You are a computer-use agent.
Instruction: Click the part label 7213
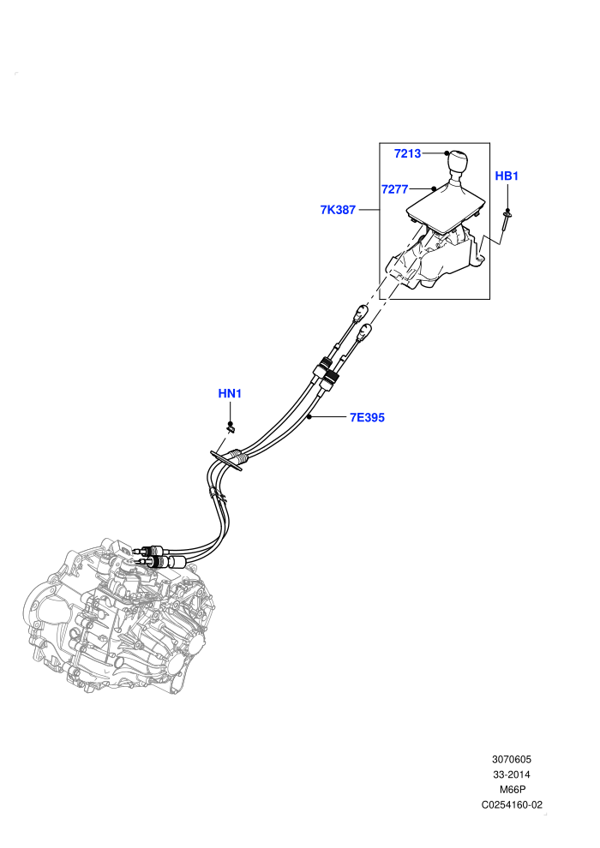click(407, 153)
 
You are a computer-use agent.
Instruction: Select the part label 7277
click(394, 189)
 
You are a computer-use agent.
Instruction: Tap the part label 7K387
click(338, 210)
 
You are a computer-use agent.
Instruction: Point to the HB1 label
click(507, 176)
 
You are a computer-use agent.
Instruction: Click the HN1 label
click(230, 394)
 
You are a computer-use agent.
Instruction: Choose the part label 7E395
click(367, 417)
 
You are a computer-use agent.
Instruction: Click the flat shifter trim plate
click(444, 211)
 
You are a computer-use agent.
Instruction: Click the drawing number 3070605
click(511, 759)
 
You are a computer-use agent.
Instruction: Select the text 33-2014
click(511, 774)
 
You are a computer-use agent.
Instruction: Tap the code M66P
click(512, 790)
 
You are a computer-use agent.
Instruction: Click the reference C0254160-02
click(511, 804)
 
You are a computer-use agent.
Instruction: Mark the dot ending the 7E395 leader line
click(309, 417)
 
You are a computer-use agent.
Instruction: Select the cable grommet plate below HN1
click(226, 461)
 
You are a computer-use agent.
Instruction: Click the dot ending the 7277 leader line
click(434, 188)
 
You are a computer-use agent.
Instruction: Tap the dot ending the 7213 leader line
click(447, 153)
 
